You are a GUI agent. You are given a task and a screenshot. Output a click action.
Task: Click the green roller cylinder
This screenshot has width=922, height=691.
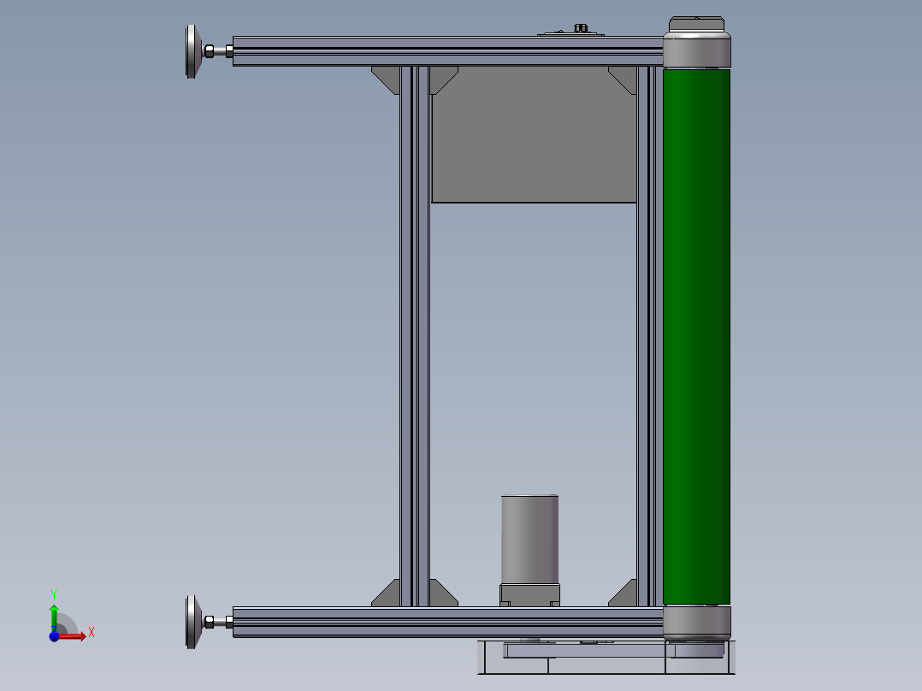click(x=696, y=336)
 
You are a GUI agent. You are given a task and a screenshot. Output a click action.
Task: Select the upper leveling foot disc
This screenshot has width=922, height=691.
click(x=192, y=52)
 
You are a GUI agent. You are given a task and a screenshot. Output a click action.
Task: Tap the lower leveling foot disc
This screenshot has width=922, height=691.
click(x=192, y=623)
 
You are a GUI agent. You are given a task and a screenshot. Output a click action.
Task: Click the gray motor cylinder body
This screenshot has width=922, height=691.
click(x=529, y=540)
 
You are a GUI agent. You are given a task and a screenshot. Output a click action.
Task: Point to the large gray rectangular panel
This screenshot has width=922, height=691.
click(x=534, y=134)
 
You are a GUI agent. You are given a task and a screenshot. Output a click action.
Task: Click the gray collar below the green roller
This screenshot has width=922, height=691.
click(x=697, y=623)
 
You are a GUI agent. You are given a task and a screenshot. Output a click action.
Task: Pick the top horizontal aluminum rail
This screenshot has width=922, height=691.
click(x=448, y=51)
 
